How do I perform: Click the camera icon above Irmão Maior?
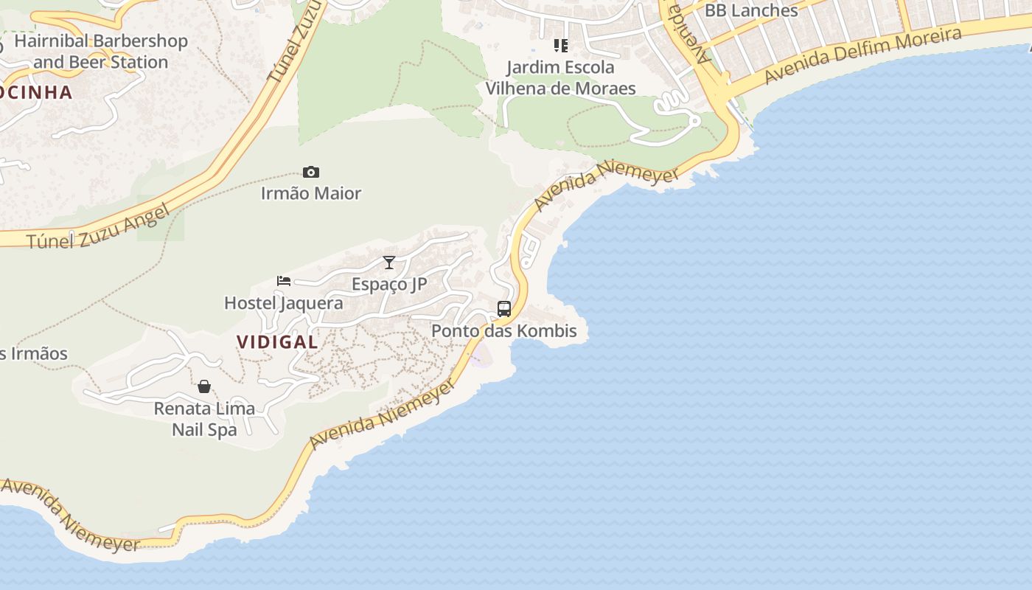click(x=311, y=173)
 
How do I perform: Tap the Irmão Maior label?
click(x=311, y=193)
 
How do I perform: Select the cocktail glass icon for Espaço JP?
click(x=389, y=263)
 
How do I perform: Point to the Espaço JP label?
click(x=389, y=284)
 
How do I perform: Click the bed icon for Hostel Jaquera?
click(x=284, y=280)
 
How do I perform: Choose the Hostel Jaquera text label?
click(x=284, y=303)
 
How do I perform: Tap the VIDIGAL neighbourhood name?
click(x=277, y=342)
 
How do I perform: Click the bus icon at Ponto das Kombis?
click(x=504, y=309)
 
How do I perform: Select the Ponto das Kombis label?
click(x=504, y=331)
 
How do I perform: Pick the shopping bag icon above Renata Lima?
click(x=204, y=386)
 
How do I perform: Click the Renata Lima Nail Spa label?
click(x=204, y=419)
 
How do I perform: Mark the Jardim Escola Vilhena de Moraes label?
click(x=560, y=78)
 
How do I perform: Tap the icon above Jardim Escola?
click(x=561, y=46)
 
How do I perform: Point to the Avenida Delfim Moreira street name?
click(x=862, y=56)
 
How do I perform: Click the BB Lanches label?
click(x=751, y=10)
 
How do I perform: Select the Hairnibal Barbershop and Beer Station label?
click(x=101, y=52)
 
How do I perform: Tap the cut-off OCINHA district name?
click(x=37, y=93)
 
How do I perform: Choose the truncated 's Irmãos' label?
click(x=33, y=353)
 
